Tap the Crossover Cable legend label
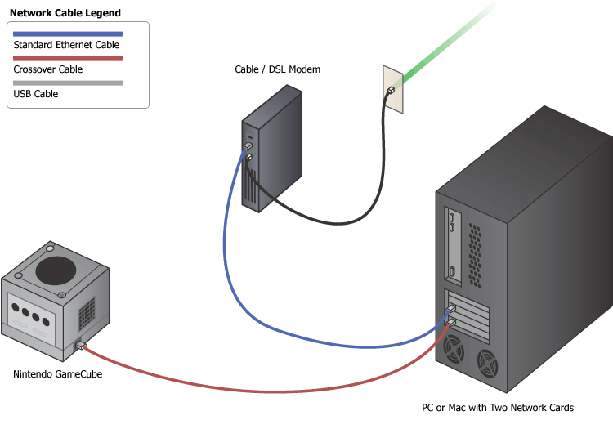pyautogui.click(x=48, y=69)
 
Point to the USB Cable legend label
pyautogui.click(x=36, y=94)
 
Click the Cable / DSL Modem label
pyautogui.click(x=277, y=69)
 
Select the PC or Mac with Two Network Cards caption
pyautogui.click(x=498, y=407)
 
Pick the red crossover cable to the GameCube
pyautogui.click(x=245, y=389)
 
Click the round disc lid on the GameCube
pyautogui.click(x=57, y=269)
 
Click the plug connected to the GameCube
pyautogui.click(x=79, y=346)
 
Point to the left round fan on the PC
pyautogui.click(x=453, y=351)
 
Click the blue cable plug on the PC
pyautogui.click(x=450, y=309)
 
